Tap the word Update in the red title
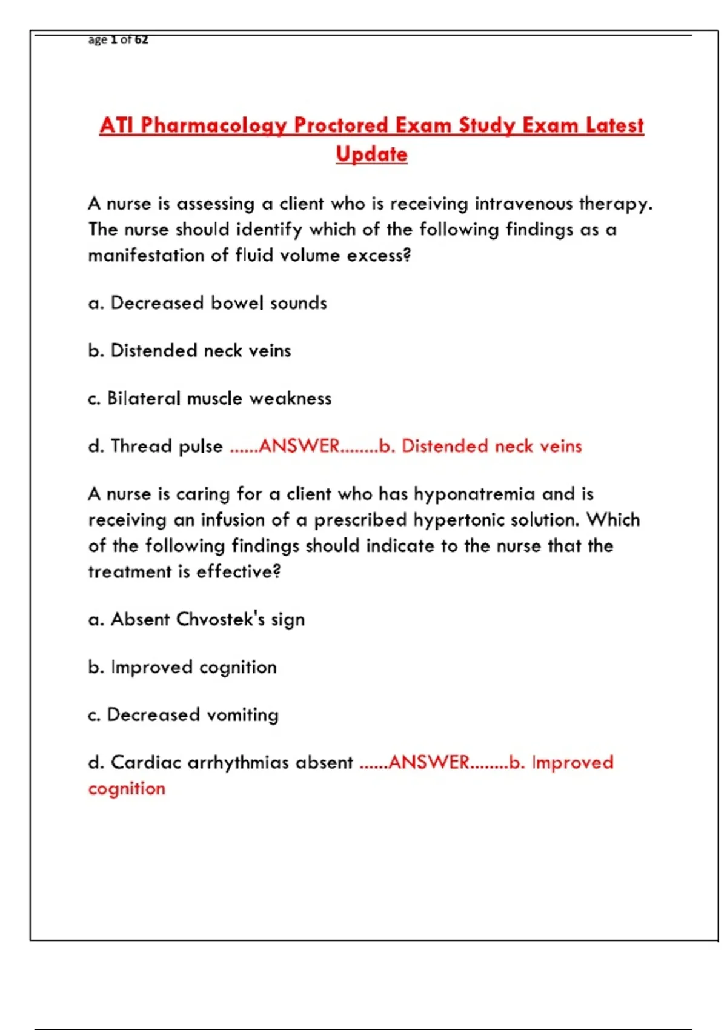371,154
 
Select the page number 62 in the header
141,40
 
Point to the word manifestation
145,256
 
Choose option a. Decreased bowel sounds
207,303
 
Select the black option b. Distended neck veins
189,351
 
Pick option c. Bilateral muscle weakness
210,399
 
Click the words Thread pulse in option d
167,447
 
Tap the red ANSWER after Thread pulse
299,447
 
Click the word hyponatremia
474,494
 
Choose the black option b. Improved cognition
182,668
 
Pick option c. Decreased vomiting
183,715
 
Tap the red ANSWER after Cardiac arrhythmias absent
429,763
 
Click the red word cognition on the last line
127,789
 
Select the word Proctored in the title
342,125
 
